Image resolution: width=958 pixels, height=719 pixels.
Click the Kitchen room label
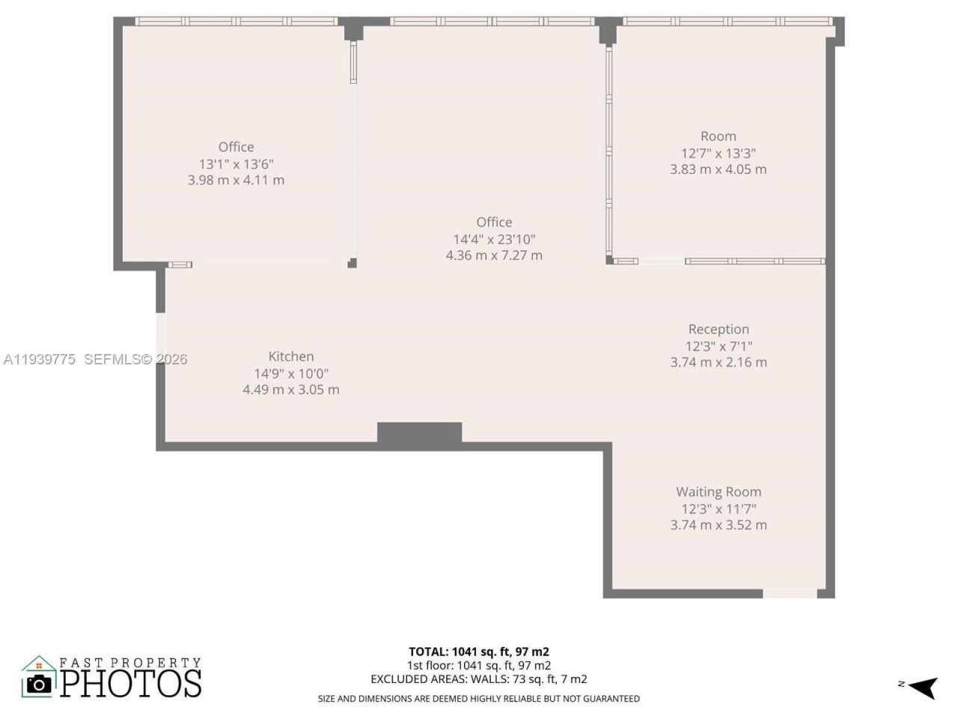coord(291,357)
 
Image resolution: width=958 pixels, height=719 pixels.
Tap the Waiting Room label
coord(718,492)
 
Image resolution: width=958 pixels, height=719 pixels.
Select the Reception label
coord(718,330)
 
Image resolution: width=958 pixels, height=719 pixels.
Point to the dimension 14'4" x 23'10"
coord(494,239)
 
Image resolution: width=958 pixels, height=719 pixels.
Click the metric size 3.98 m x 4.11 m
coord(236,180)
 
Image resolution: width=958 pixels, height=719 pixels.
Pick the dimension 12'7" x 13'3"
coord(718,153)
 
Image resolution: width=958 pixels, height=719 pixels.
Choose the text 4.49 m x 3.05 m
coord(291,389)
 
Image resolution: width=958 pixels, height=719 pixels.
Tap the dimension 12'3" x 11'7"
coord(718,509)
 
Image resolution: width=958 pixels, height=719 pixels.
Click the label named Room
coord(718,136)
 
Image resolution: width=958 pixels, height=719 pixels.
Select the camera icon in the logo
coord(39,683)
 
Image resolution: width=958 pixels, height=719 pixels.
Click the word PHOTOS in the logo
coord(131,683)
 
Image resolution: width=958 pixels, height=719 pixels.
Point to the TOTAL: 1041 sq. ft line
coord(479,652)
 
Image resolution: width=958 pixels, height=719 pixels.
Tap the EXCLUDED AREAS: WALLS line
coord(479,679)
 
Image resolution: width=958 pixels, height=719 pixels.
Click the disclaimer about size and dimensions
coord(479,699)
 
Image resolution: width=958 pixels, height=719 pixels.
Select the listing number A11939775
coord(39,359)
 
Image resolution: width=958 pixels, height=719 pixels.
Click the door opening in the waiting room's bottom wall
coord(790,594)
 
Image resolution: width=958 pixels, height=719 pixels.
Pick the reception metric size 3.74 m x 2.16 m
coord(718,362)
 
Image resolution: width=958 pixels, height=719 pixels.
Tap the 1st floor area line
coord(479,666)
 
